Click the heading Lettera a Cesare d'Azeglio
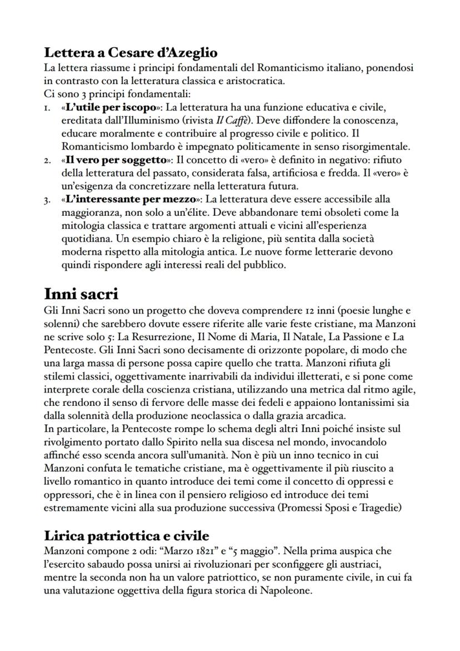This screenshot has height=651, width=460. [131, 53]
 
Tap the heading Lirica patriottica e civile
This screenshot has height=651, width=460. [127, 535]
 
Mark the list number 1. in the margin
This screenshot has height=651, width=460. [48, 106]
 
